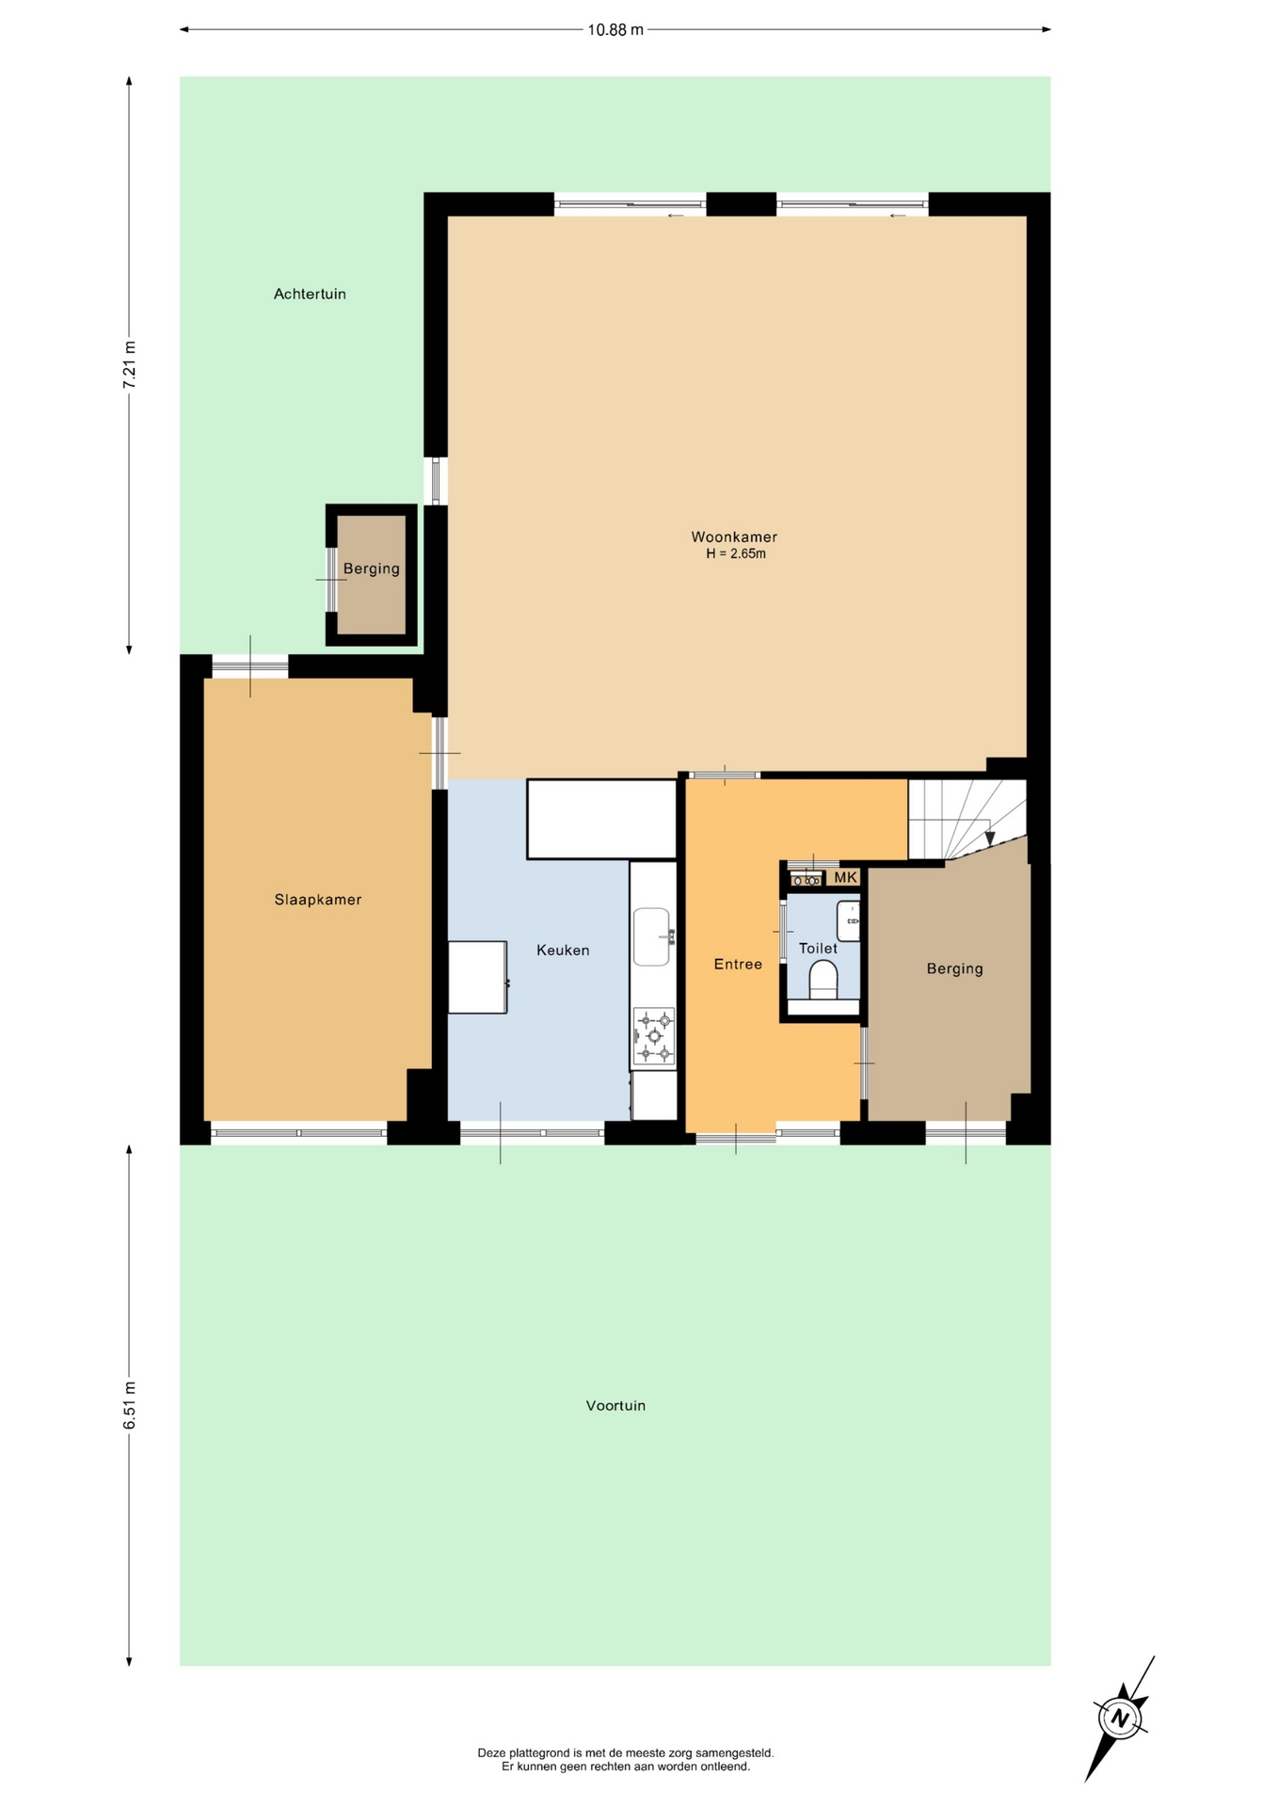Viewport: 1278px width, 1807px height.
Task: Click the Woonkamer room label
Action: (734, 537)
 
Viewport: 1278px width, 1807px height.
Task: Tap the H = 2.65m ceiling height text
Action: (736, 554)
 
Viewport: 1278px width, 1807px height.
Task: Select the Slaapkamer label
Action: (318, 900)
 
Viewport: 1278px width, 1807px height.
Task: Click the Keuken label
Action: (563, 951)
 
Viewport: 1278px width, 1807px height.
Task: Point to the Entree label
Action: (738, 964)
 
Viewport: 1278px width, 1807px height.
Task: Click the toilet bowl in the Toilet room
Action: (823, 980)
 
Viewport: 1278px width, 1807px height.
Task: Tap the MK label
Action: (846, 877)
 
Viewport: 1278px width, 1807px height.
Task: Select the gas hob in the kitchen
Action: (654, 1036)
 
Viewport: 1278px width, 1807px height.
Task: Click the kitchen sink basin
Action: (651, 936)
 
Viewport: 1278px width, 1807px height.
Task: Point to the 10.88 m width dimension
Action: (615, 29)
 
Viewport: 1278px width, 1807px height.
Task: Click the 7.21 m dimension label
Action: (130, 364)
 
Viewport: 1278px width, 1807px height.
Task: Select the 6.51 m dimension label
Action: (130, 1405)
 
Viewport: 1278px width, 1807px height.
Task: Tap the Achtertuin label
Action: (310, 295)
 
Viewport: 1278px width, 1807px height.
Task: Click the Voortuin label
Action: (615, 1406)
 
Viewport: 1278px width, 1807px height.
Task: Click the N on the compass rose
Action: (1120, 1719)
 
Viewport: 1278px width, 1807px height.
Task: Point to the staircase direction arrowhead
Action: (989, 839)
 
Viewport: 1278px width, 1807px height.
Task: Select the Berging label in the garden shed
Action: (371, 569)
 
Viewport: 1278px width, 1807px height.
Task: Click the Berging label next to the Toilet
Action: (954, 968)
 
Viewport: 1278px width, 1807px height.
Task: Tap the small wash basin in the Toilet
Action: (849, 921)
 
